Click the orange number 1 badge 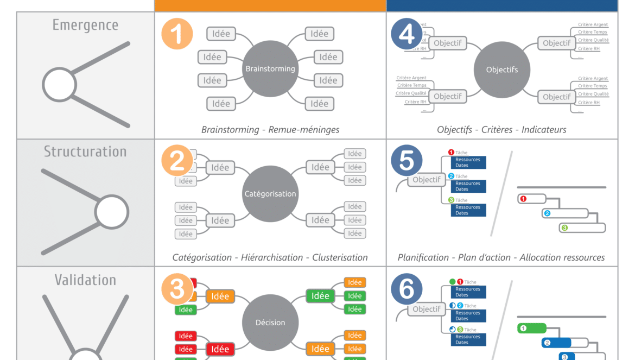pos(177,34)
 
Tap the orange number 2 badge pos(177,162)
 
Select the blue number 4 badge pos(407,34)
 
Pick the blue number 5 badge pos(407,161)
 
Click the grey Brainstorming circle pos(270,69)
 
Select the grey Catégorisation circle pos(270,194)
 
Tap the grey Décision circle pos(270,323)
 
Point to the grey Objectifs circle pos(501,70)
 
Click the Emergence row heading pos(85,25)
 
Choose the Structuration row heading pos(85,151)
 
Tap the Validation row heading pos(85,280)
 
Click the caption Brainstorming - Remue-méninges pos(270,130)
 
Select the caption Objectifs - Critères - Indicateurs pos(501,130)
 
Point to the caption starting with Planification pos(501,257)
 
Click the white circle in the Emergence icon pos(59,85)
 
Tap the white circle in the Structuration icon pos(112,212)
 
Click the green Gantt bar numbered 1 pos(531,329)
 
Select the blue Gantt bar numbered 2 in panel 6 pos(556,343)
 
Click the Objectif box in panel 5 pos(427,180)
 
